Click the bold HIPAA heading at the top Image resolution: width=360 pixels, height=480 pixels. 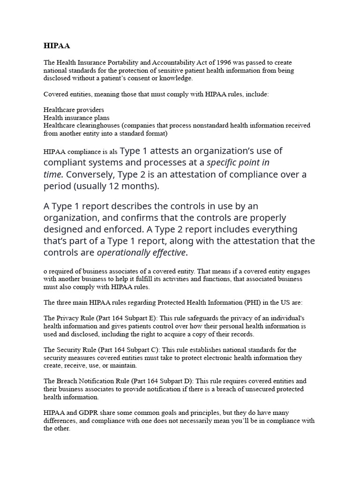coord(57,46)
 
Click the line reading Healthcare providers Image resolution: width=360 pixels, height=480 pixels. coord(74,110)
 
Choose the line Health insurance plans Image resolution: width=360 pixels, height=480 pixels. coord(76,118)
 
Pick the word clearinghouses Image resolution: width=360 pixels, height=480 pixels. coord(96,126)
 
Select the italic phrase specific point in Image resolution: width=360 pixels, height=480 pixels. coord(238,163)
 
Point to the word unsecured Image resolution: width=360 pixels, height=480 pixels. coord(247,389)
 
